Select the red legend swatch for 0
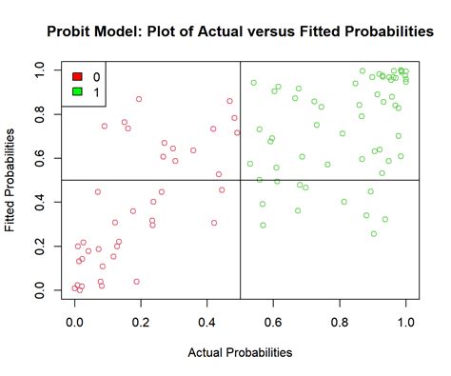(x=77, y=75)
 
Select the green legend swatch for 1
(x=77, y=91)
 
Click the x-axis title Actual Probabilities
(x=240, y=352)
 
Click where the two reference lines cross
(x=240, y=180)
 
